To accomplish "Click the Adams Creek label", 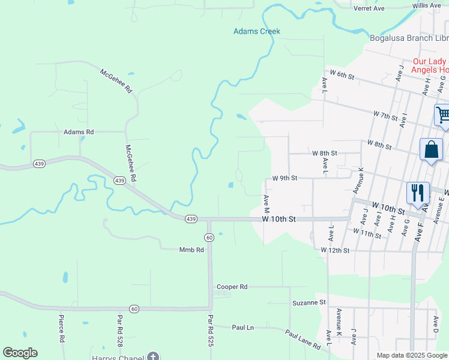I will point(257,31).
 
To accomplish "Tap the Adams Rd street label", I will point(79,131).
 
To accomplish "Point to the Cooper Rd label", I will point(232,287).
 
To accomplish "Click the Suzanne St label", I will point(309,302).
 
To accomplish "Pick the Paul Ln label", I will point(243,328).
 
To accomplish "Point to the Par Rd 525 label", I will point(211,332).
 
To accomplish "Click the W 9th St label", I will point(285,178).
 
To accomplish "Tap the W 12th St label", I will point(335,250).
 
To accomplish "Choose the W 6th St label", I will point(342,76).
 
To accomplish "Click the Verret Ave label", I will point(369,8).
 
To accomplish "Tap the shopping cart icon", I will point(442,115).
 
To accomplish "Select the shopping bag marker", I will point(432,149).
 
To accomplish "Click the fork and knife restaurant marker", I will point(418,193).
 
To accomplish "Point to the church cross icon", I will point(153,358).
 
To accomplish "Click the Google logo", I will point(20,353).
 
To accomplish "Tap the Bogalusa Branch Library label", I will point(409,38).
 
